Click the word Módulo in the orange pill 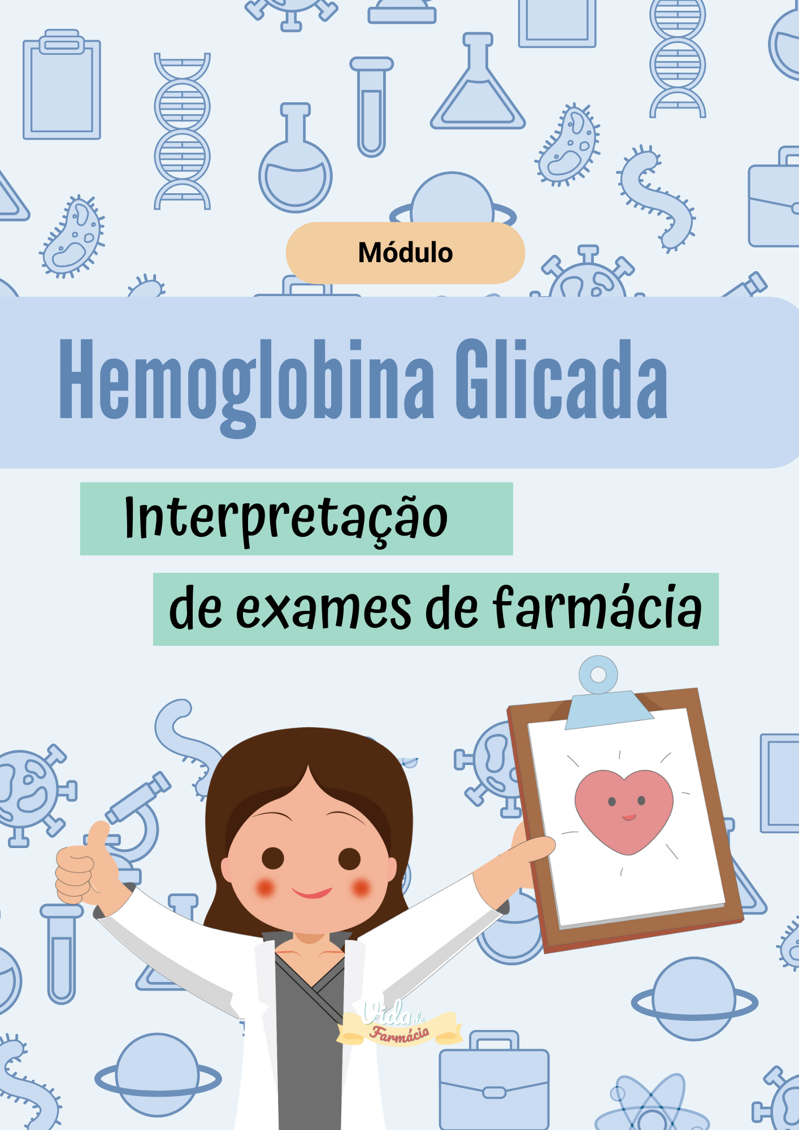click(x=405, y=253)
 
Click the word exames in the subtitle click(x=324, y=610)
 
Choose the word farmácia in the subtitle click(x=597, y=608)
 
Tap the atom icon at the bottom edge click(x=652, y=1107)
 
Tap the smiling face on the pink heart click(x=627, y=806)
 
